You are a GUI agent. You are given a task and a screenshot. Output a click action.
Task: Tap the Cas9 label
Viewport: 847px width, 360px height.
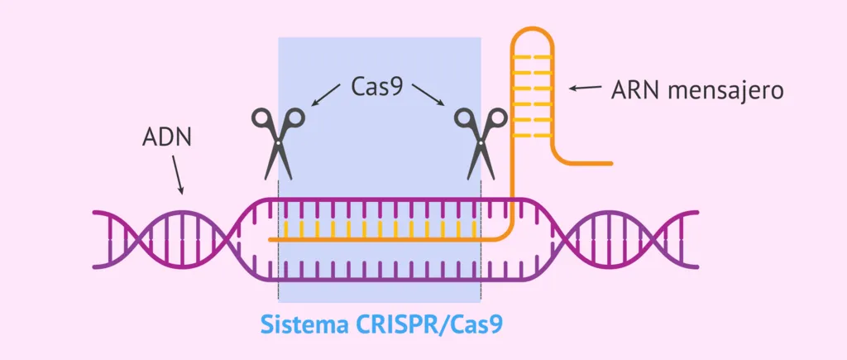[x=377, y=86]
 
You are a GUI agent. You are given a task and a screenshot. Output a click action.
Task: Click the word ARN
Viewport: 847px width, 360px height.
[x=635, y=89]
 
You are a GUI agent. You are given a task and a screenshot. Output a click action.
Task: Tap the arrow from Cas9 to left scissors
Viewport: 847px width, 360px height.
[x=327, y=95]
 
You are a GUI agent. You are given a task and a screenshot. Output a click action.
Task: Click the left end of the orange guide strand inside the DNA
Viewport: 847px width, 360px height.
[x=272, y=239]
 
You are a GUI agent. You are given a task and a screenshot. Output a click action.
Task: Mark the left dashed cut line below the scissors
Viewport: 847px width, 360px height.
[x=279, y=248]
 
